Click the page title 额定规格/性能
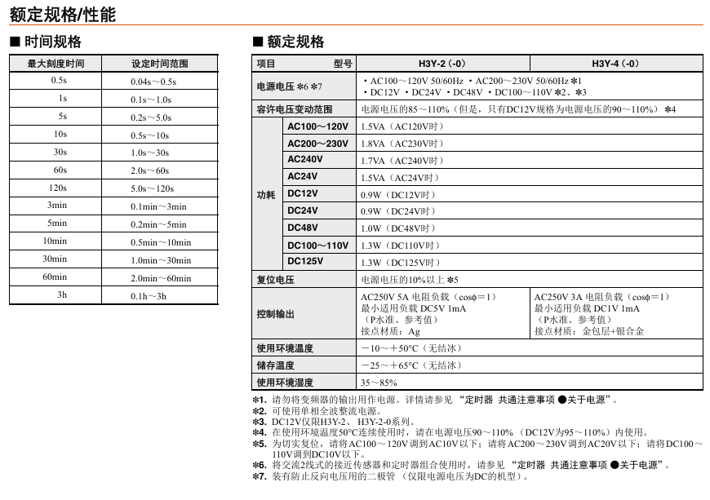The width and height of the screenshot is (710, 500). [x=63, y=14]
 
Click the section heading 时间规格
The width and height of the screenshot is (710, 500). [x=52, y=42]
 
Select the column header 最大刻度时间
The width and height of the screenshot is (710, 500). [x=55, y=64]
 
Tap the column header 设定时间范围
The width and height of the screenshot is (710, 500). [x=160, y=64]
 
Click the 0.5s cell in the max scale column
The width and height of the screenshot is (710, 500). [x=59, y=81]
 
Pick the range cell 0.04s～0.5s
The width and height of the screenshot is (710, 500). [x=153, y=82]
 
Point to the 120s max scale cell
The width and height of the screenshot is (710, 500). [x=59, y=188]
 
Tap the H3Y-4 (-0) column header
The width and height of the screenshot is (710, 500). [x=615, y=64]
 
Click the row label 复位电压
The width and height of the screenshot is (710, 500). [x=275, y=280]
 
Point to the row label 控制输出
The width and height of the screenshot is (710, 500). [x=275, y=314]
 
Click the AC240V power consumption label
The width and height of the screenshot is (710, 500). [x=305, y=160]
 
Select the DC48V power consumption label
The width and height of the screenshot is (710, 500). [x=303, y=228]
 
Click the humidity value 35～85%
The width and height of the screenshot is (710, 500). [x=379, y=382]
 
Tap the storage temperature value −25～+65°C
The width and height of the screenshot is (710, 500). [x=411, y=365]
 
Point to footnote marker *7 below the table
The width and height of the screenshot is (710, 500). [x=260, y=476]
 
